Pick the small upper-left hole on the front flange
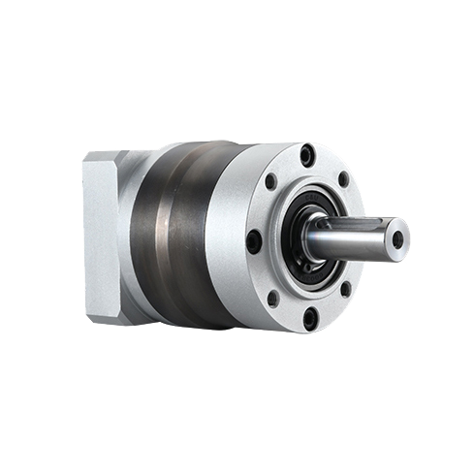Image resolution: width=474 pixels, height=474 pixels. pos(270,181)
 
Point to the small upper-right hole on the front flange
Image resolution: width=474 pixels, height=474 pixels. pos(343,179)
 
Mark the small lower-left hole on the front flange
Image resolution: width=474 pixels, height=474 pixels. pos(273,296)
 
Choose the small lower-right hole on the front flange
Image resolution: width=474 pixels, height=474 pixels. pos(345,288)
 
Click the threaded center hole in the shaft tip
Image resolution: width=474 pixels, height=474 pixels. pos(397,238)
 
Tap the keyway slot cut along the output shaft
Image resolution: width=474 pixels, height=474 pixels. pos(349,226)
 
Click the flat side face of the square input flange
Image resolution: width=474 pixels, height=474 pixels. pos(100,237)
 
